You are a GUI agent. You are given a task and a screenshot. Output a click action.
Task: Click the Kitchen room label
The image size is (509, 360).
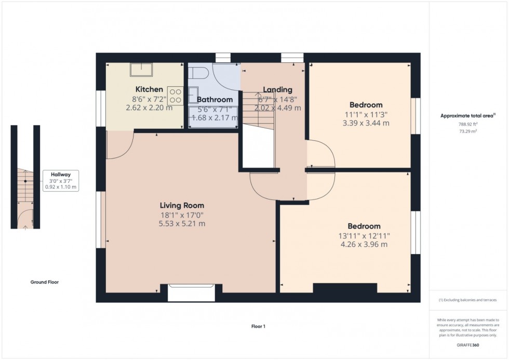click(149, 89)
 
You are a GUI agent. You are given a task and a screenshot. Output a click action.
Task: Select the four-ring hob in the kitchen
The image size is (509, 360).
click(175, 95)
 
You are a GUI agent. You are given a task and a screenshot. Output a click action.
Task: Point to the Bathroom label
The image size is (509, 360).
click(215, 100)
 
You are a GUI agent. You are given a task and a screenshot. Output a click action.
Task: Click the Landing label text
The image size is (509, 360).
click(277, 89)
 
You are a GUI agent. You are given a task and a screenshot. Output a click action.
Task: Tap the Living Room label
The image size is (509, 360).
click(182, 205)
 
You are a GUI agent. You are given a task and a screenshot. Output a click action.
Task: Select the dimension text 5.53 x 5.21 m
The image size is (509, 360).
click(182, 224)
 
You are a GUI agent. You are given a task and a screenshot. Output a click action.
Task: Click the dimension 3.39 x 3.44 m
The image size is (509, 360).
click(366, 123)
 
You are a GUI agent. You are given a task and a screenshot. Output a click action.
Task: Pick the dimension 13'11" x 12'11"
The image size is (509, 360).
click(364, 235)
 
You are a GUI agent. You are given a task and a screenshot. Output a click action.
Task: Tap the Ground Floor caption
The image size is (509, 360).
click(44, 282)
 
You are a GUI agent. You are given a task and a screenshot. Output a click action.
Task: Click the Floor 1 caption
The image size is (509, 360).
click(258, 326)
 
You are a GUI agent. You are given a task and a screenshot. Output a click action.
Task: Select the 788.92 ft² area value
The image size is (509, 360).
click(468, 125)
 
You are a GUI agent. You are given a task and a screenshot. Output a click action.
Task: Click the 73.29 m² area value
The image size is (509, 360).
click(468, 132)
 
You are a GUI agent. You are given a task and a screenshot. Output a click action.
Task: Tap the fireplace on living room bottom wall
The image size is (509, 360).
click(191, 292)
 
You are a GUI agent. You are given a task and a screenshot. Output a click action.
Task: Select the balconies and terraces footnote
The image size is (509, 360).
click(468, 300)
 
